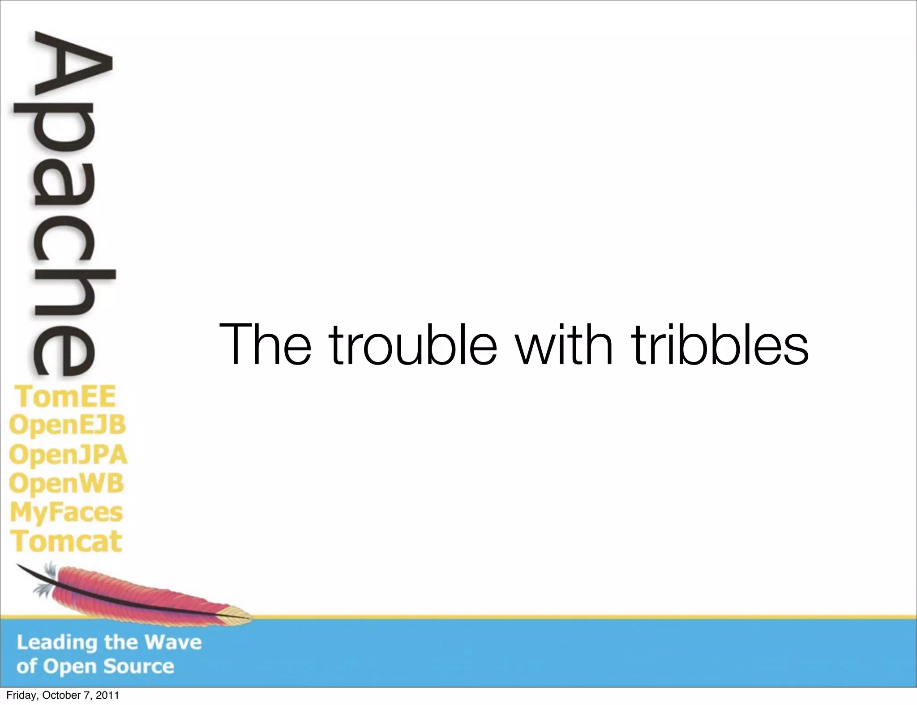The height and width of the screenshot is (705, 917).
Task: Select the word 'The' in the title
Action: pos(265,344)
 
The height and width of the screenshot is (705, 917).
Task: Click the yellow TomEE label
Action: pos(65,396)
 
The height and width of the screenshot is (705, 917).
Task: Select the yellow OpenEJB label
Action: pos(68,425)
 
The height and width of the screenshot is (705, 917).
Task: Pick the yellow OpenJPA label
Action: pos(68,455)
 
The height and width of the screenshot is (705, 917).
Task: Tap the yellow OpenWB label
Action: pos(66,484)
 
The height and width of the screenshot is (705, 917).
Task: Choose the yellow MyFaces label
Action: pos(66,513)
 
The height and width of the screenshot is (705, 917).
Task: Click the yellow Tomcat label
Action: pos(66,541)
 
